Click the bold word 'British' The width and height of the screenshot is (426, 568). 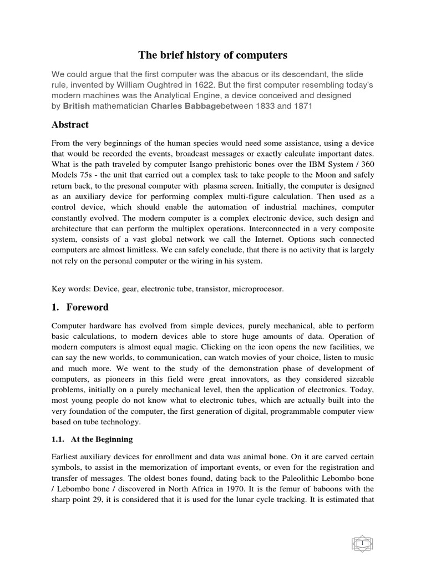click(x=75, y=105)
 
